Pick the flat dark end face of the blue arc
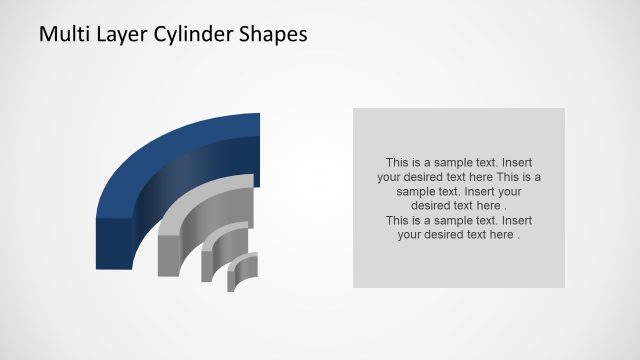pyautogui.click(x=114, y=243)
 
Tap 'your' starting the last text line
pyautogui.click(x=412, y=235)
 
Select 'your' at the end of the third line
pyautogui.click(x=508, y=190)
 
